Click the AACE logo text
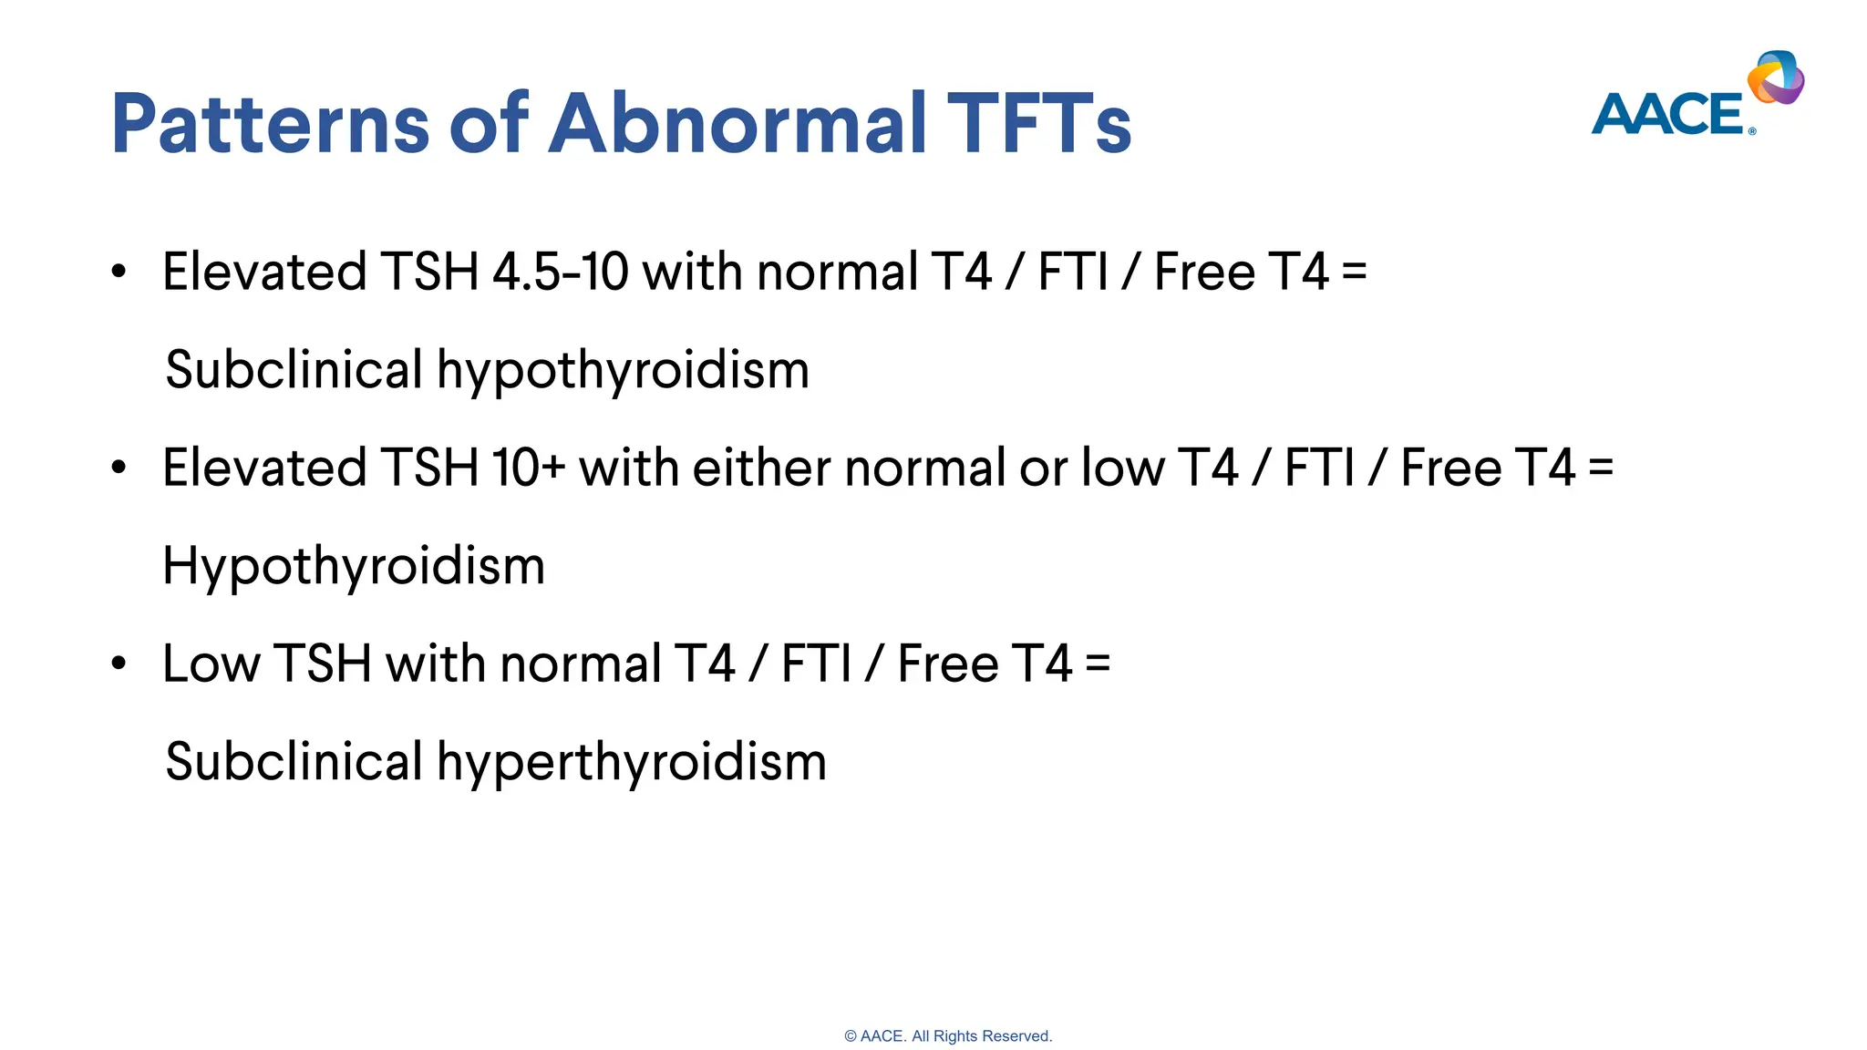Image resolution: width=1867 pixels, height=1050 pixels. [1668, 115]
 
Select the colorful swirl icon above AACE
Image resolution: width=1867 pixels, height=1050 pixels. [1776, 77]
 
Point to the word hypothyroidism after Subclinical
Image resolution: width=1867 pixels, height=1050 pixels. [623, 370]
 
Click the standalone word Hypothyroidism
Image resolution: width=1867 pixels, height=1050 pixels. [354, 566]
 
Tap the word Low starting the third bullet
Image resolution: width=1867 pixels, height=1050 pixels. [211, 664]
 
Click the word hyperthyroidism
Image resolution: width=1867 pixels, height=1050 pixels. [631, 762]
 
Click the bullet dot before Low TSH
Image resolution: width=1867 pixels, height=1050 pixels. [119, 664]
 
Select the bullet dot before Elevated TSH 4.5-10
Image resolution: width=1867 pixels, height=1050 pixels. [119, 272]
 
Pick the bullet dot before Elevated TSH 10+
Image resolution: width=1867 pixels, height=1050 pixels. [119, 468]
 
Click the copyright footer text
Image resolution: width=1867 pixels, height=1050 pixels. [948, 1036]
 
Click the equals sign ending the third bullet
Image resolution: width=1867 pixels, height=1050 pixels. [1098, 664]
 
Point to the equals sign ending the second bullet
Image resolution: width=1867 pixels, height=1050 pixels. [1601, 468]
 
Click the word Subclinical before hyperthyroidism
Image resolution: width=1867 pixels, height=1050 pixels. [294, 762]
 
